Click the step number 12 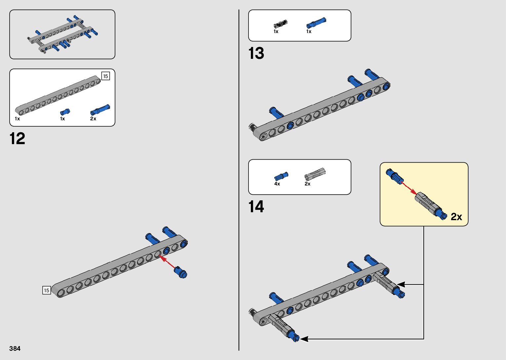click(x=18, y=139)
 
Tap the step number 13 click(x=256, y=54)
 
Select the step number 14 click(x=256, y=207)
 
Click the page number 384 click(x=15, y=348)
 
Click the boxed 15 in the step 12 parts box click(x=105, y=76)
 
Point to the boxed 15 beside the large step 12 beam click(x=47, y=290)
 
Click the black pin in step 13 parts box click(x=281, y=24)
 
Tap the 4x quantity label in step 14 click(x=277, y=184)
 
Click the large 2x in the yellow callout click(x=456, y=217)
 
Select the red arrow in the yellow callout click(x=409, y=188)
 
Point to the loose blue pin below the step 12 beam click(x=181, y=272)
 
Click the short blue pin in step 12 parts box click(x=65, y=112)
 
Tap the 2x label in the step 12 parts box click(x=93, y=119)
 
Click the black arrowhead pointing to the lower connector click(x=304, y=339)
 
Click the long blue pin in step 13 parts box click(x=316, y=23)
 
